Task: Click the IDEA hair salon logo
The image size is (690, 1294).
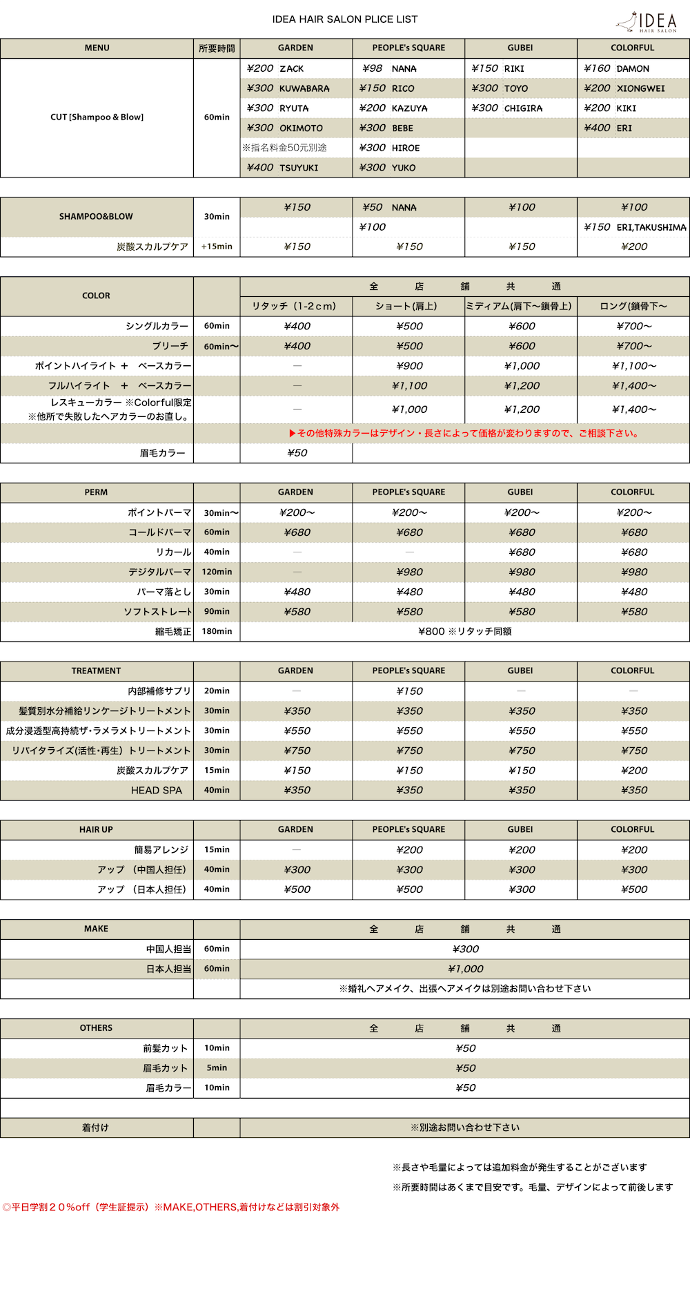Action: coord(647,22)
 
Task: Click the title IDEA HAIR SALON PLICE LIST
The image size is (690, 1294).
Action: coord(344,19)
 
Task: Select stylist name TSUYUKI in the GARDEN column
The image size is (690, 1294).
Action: coord(299,168)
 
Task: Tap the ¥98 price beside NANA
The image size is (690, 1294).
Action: coord(372,68)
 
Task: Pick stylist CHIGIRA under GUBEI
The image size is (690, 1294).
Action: coord(523,108)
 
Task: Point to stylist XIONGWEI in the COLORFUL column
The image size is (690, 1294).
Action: coord(640,88)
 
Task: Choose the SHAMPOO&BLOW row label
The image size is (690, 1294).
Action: coord(96,216)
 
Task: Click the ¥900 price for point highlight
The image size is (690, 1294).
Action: coord(410,366)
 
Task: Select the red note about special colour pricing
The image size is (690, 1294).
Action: coord(464,434)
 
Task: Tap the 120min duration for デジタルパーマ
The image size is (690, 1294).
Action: coord(217,572)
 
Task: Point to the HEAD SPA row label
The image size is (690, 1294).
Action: coord(157,790)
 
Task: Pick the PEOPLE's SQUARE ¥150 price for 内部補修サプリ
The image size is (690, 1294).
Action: coord(410,691)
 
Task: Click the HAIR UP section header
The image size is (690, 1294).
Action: coord(96,829)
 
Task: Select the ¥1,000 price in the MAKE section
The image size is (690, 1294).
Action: coord(466,969)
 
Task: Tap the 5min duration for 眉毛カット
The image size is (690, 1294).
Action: coord(217,1068)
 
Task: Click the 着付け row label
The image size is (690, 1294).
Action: coord(95,1128)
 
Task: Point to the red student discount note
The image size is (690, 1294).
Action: coord(171,1207)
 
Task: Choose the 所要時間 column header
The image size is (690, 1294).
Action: coord(217,48)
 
